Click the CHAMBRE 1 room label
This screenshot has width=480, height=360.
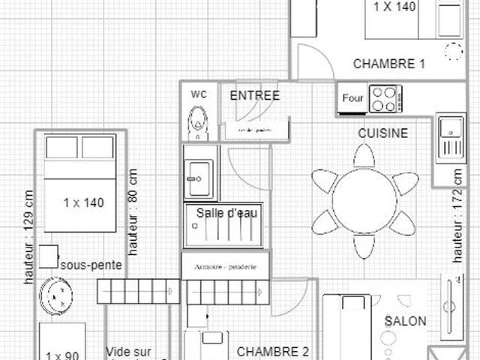389,64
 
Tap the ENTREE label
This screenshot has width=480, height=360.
255,95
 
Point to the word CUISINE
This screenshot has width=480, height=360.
382,133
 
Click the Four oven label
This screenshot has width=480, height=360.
352,98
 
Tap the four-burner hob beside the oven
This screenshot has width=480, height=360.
385,98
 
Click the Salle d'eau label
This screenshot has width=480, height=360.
227,214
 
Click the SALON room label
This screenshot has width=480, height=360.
406,321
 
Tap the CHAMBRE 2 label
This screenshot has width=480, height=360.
274,351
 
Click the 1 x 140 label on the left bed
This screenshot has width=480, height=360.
83,202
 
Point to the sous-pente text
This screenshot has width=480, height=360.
91,265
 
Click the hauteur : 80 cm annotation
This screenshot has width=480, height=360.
133,212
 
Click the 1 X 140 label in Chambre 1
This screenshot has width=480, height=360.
394,7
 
